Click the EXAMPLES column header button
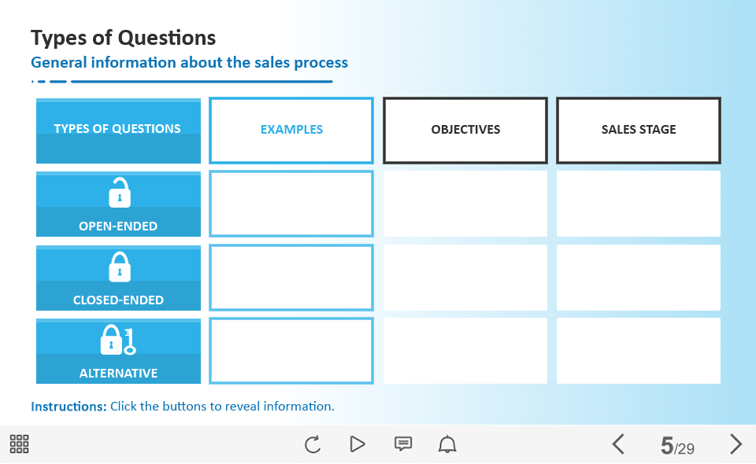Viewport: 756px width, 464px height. point(291,130)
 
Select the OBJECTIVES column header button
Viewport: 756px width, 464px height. point(465,130)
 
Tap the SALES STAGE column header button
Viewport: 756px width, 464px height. point(639,130)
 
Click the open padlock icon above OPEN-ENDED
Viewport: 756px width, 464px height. point(120,193)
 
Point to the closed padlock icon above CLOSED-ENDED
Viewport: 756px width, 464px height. point(120,267)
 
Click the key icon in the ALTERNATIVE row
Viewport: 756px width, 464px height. point(129,342)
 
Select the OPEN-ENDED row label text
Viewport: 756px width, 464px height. point(118,226)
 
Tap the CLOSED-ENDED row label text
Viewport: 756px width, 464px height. point(118,300)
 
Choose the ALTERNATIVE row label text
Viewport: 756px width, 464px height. point(118,373)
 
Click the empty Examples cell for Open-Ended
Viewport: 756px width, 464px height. point(291,204)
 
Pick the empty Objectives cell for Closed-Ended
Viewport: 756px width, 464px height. point(465,278)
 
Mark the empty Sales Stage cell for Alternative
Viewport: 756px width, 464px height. point(639,351)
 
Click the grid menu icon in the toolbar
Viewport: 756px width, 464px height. point(19,444)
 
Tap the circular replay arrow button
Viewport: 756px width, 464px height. point(313,444)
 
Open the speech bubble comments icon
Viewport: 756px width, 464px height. point(403,444)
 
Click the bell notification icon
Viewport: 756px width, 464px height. point(447,444)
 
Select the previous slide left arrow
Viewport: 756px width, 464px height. point(618,444)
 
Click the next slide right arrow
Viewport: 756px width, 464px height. point(736,444)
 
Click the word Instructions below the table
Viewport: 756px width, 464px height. point(69,407)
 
